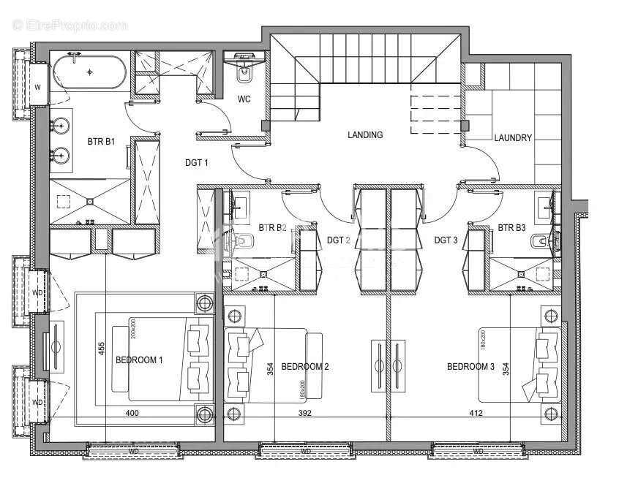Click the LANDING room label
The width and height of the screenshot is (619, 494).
[x=365, y=134]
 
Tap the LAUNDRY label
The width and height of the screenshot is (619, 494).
[x=512, y=137]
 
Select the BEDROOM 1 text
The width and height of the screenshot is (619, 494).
[x=139, y=360]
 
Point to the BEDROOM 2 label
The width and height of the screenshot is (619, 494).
[x=305, y=366]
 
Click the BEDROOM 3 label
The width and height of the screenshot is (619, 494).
[x=470, y=366]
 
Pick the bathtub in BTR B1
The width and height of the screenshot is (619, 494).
[x=89, y=72]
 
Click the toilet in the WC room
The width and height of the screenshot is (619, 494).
[x=244, y=74]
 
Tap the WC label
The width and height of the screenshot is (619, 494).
[x=244, y=100]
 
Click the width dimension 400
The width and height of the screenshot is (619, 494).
[x=132, y=414]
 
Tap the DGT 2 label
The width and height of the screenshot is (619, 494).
[x=338, y=239]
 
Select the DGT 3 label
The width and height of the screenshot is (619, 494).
[x=446, y=239]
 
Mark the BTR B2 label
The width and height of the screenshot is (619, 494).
[x=273, y=228]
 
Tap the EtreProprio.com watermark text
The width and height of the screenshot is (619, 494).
[x=70, y=25]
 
